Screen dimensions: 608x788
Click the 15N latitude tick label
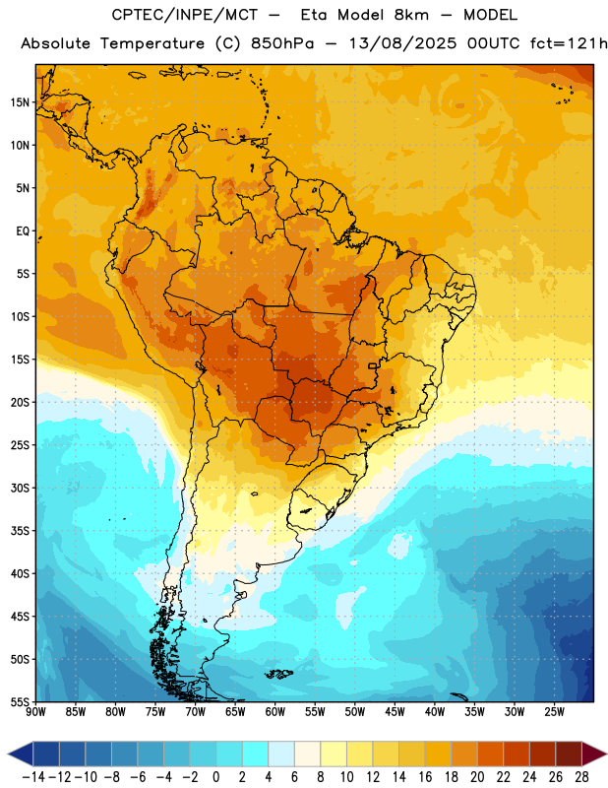pos(20,102)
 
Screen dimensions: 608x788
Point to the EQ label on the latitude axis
pos(23,231)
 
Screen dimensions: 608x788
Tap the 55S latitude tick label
pos(20,702)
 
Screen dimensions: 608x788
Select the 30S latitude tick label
pos(20,488)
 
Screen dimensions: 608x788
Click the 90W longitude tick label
pos(35,712)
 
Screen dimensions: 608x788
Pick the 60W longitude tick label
pos(275,712)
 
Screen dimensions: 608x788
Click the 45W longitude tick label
pos(395,712)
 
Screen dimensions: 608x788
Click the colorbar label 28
pos(581,777)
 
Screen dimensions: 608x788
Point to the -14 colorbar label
pos(33,777)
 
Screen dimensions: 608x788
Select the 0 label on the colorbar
pos(215,777)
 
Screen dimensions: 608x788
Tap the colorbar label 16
pos(425,777)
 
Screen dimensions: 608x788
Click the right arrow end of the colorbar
pos(594,754)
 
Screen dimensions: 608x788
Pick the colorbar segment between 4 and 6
pos(281,754)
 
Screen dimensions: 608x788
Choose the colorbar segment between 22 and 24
pos(517,754)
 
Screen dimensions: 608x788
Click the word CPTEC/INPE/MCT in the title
pos(185,15)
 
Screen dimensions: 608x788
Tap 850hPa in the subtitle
pos(282,43)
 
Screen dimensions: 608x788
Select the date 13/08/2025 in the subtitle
pos(402,43)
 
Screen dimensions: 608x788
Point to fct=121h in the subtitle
pos(569,43)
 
